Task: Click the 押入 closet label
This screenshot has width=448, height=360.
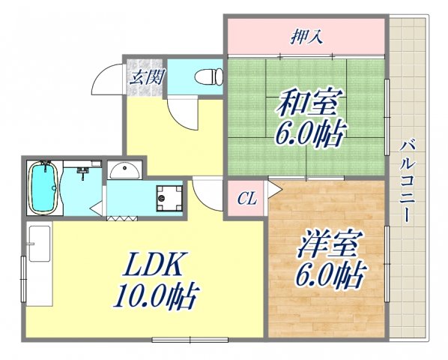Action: tap(306, 36)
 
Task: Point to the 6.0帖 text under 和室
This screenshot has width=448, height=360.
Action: tap(310, 136)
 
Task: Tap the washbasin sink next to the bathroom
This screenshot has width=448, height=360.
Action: tap(124, 170)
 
